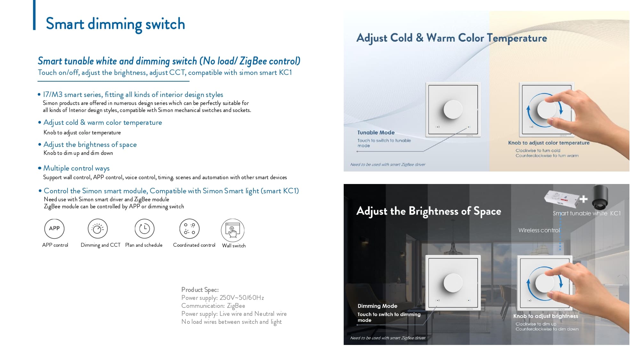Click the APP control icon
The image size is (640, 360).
(54, 228)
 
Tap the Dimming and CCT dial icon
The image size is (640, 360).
(98, 228)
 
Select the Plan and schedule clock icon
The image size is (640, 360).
(145, 228)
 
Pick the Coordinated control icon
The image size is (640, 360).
(189, 228)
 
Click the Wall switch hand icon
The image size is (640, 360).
(233, 230)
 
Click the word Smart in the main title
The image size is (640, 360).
(65, 24)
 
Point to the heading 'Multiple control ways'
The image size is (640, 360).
(76, 168)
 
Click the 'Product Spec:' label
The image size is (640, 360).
(200, 290)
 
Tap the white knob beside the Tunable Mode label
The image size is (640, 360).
(453, 109)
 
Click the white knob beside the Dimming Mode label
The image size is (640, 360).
(453, 283)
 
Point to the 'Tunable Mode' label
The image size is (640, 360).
(376, 132)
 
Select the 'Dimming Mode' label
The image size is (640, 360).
(377, 306)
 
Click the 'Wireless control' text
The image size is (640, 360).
(539, 230)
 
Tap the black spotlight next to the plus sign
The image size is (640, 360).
(600, 197)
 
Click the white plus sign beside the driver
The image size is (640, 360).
(583, 199)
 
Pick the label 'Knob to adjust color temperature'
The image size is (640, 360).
(549, 143)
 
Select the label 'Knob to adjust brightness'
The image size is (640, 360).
(546, 316)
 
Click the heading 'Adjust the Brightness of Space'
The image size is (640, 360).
(429, 211)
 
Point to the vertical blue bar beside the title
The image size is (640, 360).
(34, 15)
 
